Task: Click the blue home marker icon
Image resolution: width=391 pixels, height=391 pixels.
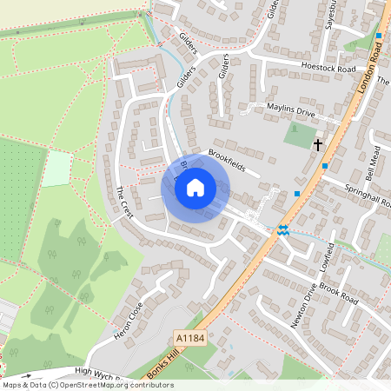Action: (195, 188)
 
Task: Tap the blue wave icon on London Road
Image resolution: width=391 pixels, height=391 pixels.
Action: (283, 230)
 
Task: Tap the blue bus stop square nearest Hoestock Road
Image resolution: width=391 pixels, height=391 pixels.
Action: (379, 36)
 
